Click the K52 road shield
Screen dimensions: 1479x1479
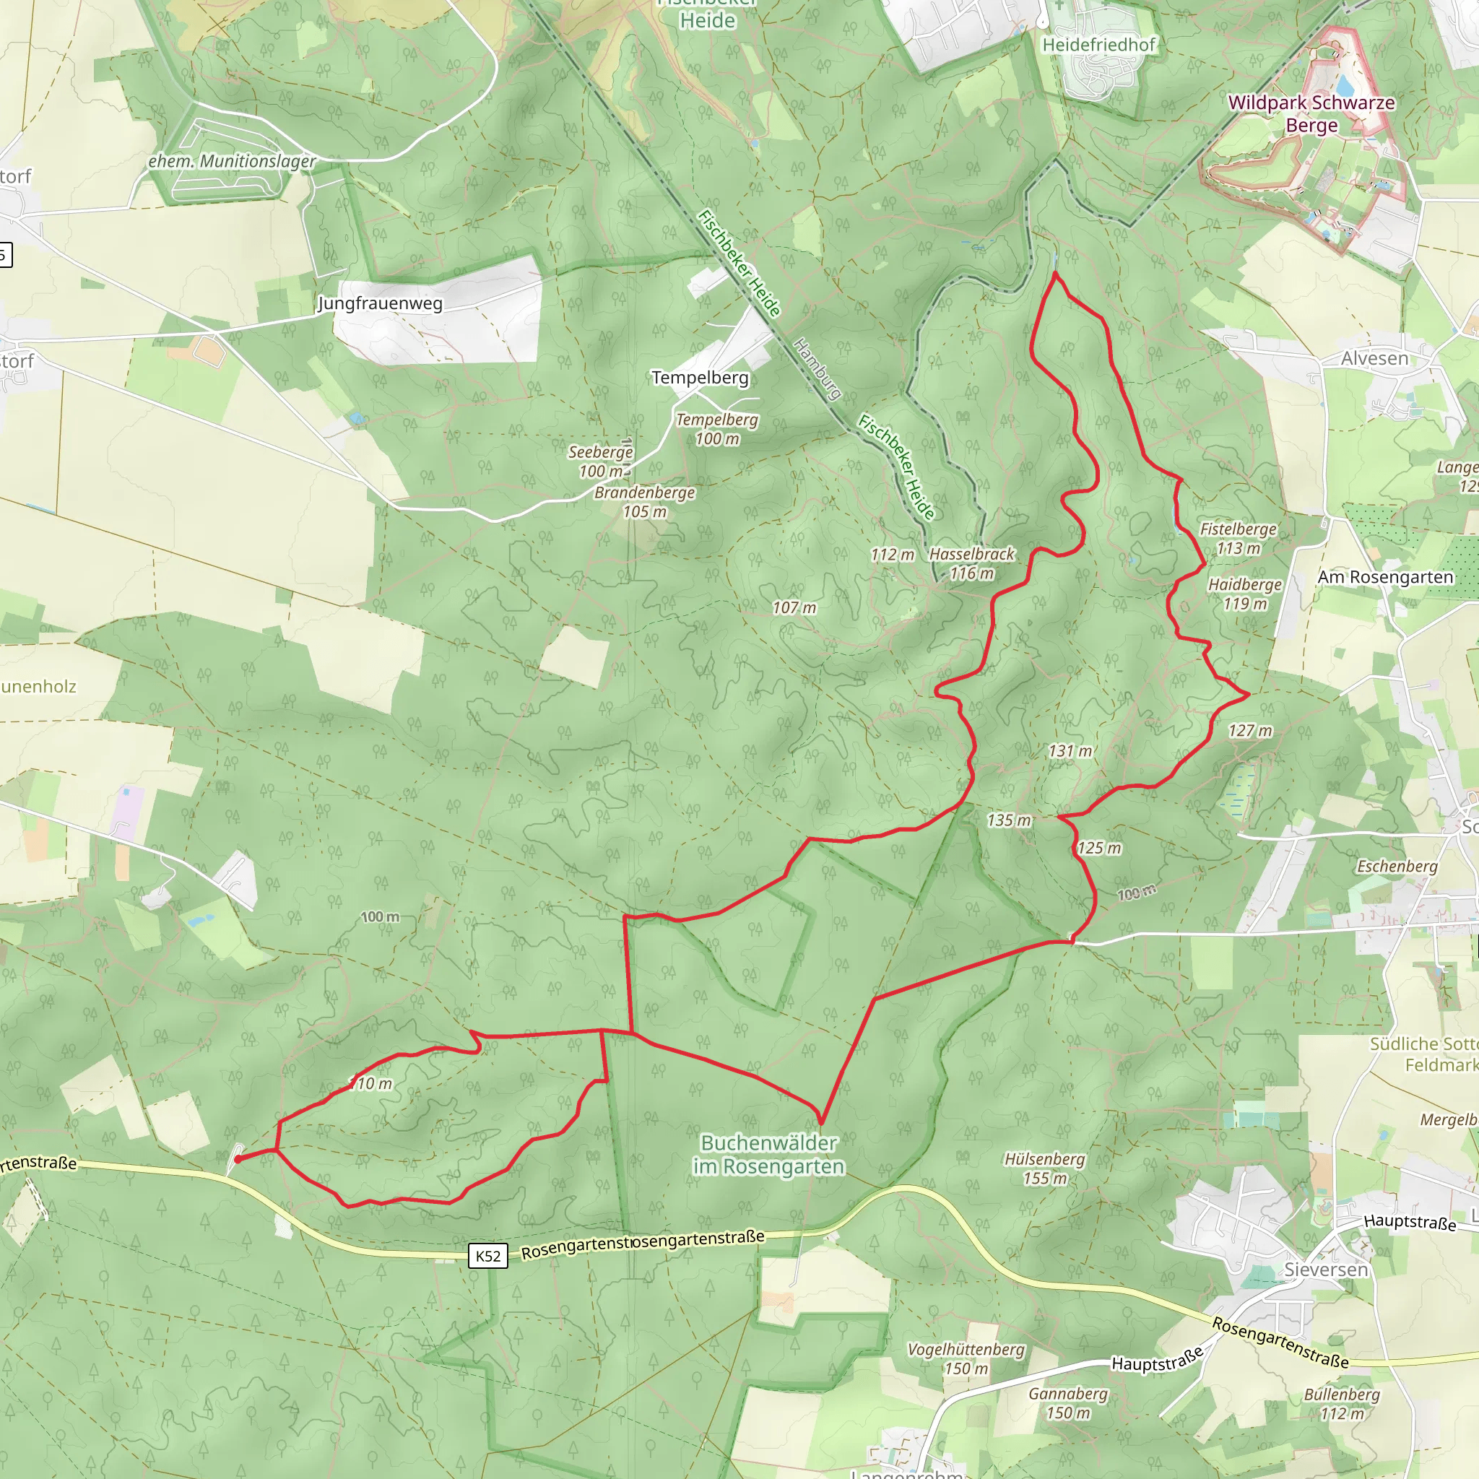click(x=487, y=1255)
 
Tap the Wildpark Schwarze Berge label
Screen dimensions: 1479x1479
click(x=1311, y=113)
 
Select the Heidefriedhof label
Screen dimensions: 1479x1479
click(x=1098, y=45)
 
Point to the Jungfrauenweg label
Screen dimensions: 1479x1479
click(x=380, y=303)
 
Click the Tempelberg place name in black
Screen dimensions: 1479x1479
click(x=700, y=378)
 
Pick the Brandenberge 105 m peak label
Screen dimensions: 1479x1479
click(x=645, y=502)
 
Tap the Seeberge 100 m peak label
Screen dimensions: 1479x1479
click(x=600, y=461)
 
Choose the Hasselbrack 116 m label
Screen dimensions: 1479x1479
click(x=971, y=563)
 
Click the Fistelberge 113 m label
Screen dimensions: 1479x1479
click(x=1238, y=538)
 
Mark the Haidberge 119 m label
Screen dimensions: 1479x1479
click(x=1245, y=594)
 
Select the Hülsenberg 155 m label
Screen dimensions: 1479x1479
click(x=1044, y=1168)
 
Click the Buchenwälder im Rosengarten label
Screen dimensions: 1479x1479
click(x=768, y=1155)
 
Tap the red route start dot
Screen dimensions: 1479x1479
click(x=238, y=1159)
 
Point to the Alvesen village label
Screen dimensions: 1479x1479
click(x=1374, y=358)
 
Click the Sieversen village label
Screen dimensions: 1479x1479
click(x=1326, y=1270)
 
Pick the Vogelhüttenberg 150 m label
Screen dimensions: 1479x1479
click(x=966, y=1358)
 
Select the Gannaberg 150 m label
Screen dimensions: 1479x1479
click(x=1068, y=1403)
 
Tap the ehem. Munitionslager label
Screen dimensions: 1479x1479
click(x=232, y=162)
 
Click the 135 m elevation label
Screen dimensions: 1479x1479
click(x=1009, y=820)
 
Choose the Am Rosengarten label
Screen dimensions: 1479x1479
click(x=1385, y=577)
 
